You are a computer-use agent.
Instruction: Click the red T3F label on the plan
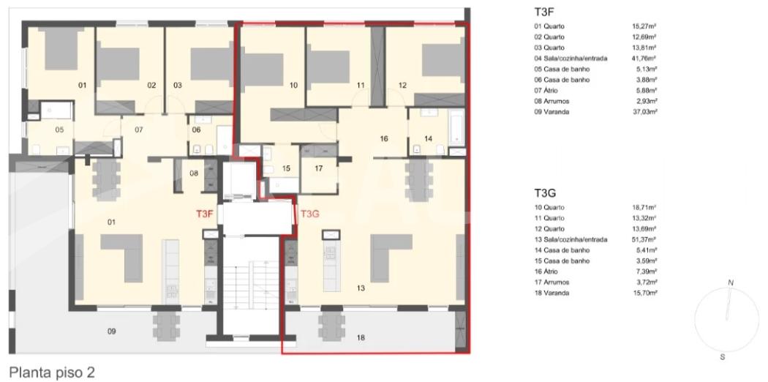pos(204,214)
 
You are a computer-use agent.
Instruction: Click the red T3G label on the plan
pos(309,214)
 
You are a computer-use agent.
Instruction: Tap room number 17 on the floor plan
pos(319,169)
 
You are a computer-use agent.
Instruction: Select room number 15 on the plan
pos(287,169)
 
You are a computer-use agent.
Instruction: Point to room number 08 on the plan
pos(194,173)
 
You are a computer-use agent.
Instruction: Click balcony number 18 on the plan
pos(361,337)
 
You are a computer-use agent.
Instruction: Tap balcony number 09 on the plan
pos(112,332)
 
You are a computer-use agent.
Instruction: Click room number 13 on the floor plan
pos(361,288)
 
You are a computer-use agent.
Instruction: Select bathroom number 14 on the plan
pos(429,138)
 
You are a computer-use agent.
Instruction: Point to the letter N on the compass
pos(731,282)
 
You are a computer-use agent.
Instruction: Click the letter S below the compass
pos(723,357)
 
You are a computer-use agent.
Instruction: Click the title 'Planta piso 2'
pos(52,372)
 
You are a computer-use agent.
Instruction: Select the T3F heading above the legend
pos(544,12)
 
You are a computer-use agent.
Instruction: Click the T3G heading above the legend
pos(545,192)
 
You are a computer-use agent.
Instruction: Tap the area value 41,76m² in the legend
pos(644,59)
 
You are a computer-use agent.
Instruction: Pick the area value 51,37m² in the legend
pos(644,239)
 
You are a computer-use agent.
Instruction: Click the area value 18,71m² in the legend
pos(644,207)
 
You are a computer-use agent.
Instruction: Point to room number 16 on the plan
pos(383,138)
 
